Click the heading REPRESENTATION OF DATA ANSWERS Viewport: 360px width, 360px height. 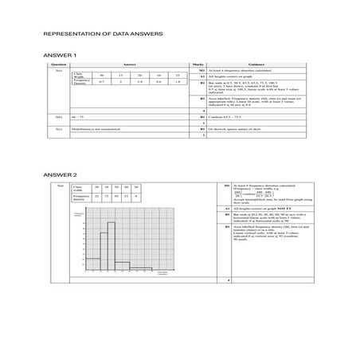[x=103, y=36]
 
